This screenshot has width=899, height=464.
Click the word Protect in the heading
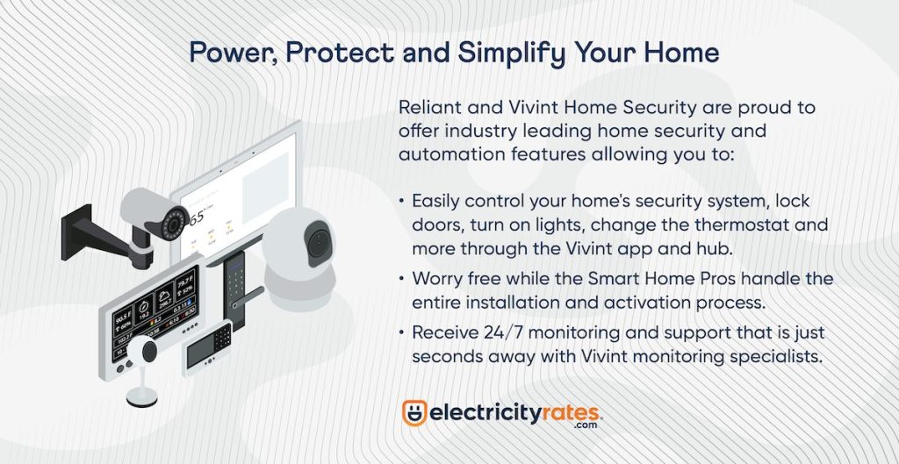click(x=340, y=53)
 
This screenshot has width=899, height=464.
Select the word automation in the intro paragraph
click(x=442, y=154)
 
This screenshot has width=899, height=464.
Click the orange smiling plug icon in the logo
click(x=414, y=412)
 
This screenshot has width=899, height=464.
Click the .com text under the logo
click(x=584, y=425)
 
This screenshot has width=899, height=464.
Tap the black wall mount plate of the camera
click(x=76, y=232)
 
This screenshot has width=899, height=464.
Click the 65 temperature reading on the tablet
click(x=198, y=218)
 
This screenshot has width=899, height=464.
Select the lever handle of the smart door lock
click(x=248, y=297)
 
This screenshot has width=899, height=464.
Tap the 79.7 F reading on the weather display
click(x=184, y=283)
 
